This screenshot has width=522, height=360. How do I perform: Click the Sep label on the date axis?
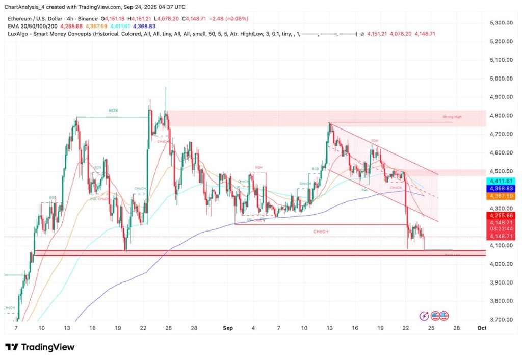227,328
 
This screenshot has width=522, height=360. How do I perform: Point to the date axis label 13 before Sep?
67,328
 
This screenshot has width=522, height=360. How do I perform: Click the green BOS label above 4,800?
113,110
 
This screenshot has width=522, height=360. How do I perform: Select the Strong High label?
452,117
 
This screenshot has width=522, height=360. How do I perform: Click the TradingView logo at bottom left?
40,347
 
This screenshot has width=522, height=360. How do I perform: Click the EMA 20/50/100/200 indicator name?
31,26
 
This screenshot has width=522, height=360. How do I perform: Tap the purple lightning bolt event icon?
424,316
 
